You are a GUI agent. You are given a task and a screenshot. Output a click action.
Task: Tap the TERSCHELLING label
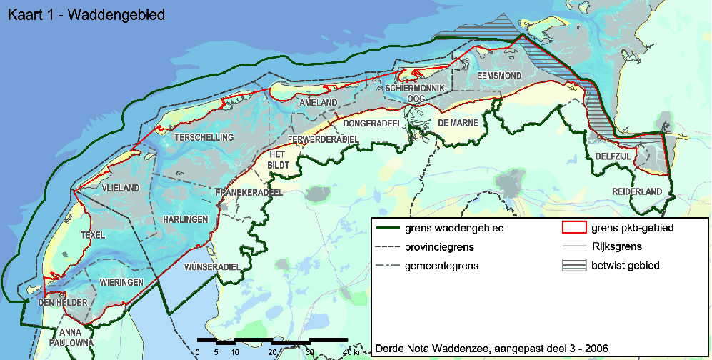click(204, 136)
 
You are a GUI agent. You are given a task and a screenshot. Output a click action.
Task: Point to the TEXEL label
click(93, 235)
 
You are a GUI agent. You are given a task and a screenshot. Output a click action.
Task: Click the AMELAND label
click(319, 103)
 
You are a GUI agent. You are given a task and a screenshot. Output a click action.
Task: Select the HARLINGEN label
click(185, 219)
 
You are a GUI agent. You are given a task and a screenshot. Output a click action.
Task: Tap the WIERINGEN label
click(123, 281)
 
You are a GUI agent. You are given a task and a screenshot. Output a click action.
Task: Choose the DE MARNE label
click(458, 123)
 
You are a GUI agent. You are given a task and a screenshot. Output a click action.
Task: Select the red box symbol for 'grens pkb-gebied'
click(573, 229)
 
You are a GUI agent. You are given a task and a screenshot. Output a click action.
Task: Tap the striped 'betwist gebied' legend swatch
click(573, 265)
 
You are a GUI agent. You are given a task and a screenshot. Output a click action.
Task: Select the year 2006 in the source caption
click(595, 349)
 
